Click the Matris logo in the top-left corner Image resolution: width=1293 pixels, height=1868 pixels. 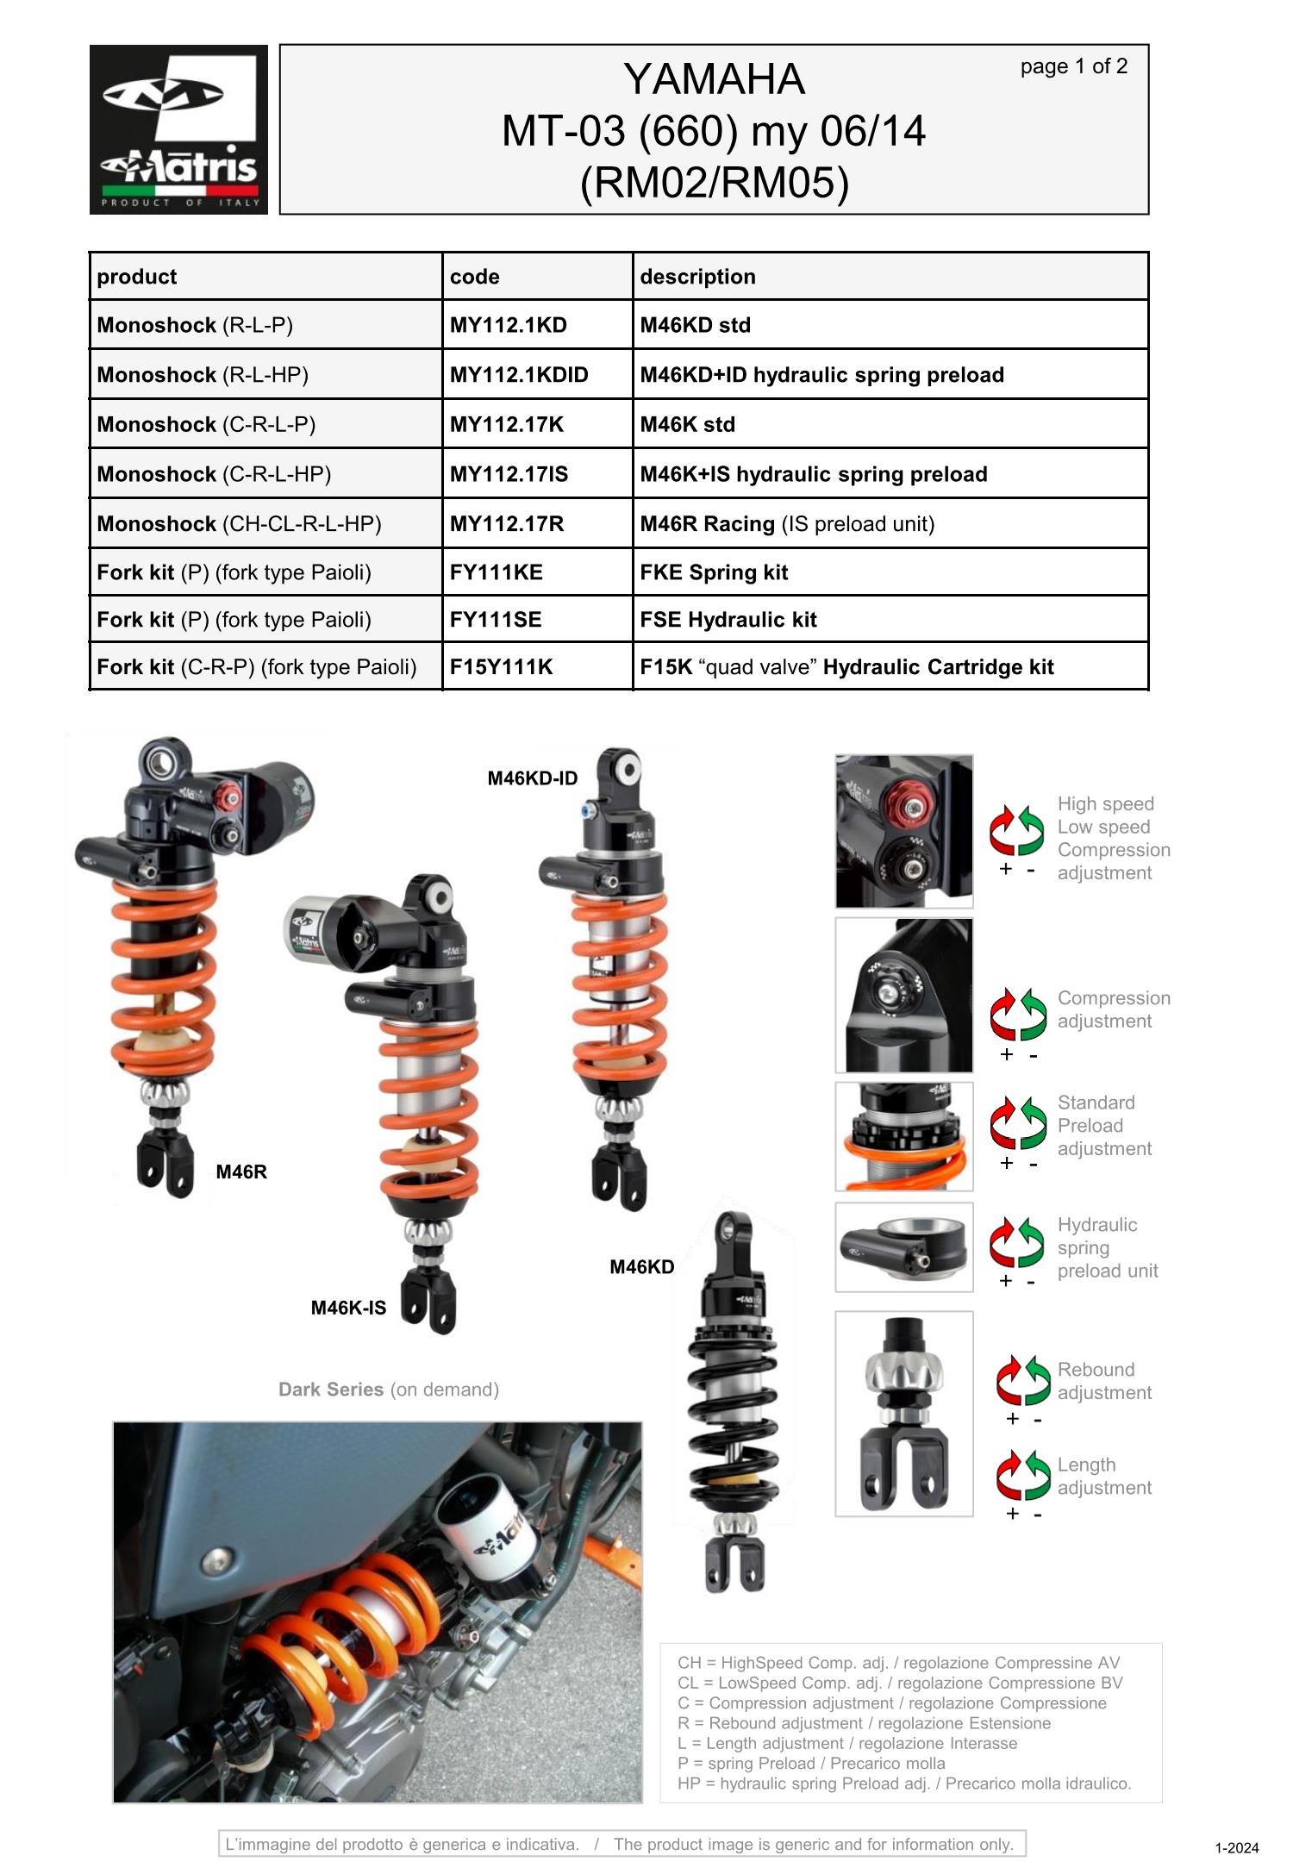[178, 129]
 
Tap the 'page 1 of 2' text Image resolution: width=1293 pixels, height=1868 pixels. [1073, 66]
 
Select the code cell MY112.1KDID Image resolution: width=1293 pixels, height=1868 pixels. [519, 375]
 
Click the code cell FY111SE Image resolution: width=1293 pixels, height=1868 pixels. [496, 620]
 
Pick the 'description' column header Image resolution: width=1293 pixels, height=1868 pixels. [697, 277]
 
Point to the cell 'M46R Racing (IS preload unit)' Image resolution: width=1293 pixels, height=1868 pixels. [787, 524]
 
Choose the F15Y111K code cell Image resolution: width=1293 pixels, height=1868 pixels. [501, 667]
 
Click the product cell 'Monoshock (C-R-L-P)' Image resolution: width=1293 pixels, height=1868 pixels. [206, 425]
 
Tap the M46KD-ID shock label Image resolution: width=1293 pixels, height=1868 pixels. [532, 778]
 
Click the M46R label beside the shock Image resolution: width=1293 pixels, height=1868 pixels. [241, 1171]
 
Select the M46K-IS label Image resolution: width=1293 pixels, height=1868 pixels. [348, 1308]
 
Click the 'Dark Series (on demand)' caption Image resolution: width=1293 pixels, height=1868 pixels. [389, 1390]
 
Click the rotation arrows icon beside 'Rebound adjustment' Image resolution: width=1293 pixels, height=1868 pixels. [1023, 1380]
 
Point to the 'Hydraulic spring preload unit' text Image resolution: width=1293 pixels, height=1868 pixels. [1107, 1247]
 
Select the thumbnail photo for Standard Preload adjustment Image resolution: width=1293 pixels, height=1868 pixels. [903, 1136]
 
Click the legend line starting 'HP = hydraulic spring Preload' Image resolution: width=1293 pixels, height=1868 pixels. [903, 1784]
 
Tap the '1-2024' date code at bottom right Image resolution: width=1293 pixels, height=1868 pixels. [1237, 1848]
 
